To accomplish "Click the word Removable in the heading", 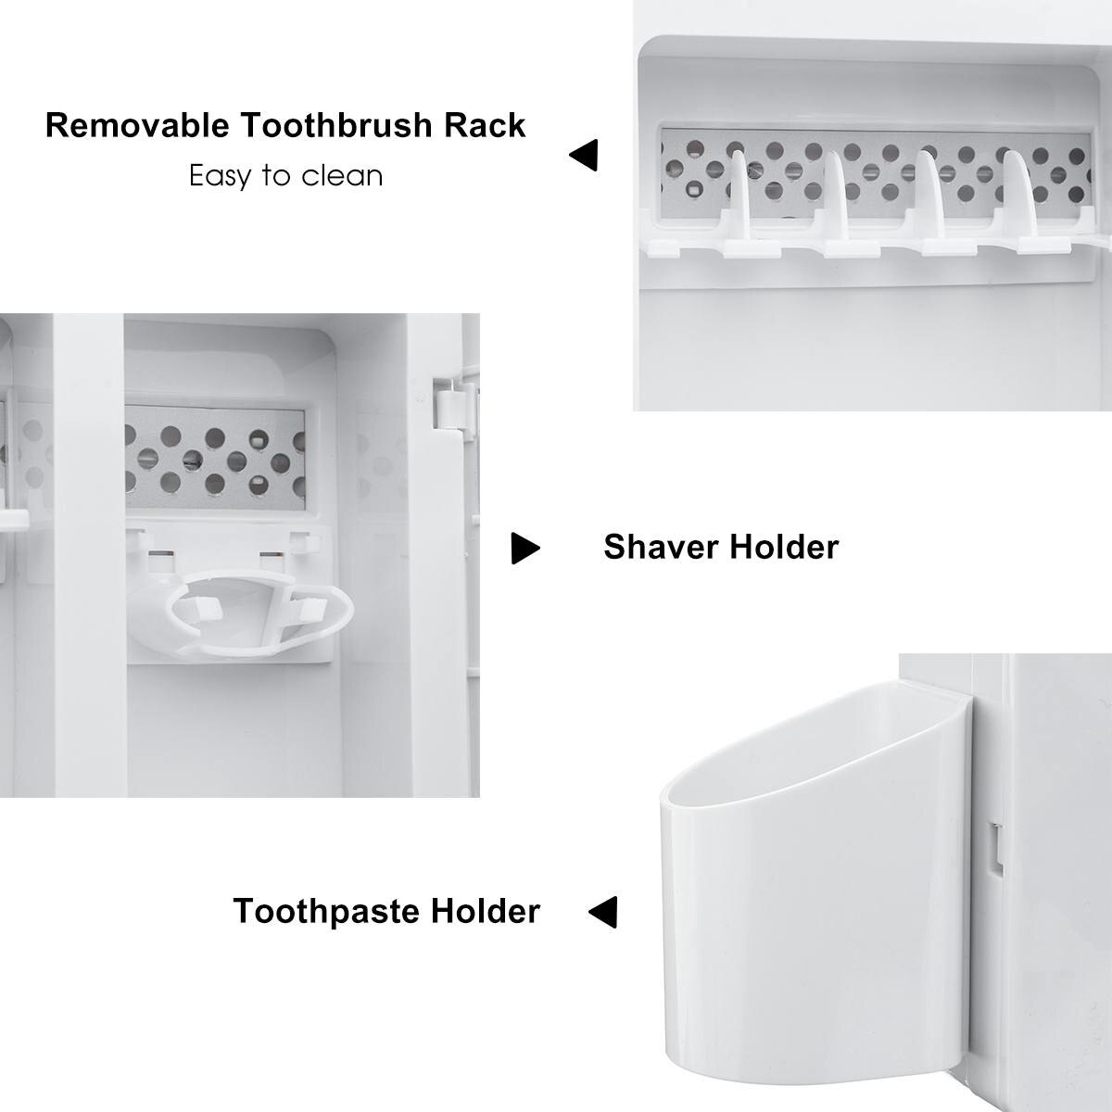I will (137, 125).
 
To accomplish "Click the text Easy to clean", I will (285, 175).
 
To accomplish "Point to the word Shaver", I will (661, 547).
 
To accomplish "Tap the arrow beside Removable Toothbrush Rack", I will (584, 155).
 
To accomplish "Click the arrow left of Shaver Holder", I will (525, 549).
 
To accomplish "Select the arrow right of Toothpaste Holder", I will (603, 912).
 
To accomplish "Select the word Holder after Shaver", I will (784, 547).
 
